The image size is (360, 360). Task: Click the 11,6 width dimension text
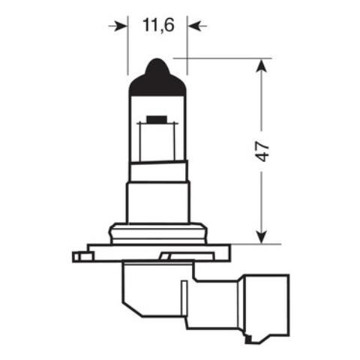[x=157, y=25]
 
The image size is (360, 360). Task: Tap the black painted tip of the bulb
[x=157, y=78]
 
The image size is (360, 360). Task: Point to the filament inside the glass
[x=157, y=120]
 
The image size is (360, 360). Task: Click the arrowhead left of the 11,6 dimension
[x=120, y=26]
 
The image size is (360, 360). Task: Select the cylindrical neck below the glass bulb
[x=157, y=199]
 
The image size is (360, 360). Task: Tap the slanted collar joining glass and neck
[x=157, y=169]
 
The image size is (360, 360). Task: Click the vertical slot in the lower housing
[x=181, y=300]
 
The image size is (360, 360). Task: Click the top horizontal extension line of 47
[x=225, y=58]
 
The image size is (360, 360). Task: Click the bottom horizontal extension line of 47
[x=255, y=244]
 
